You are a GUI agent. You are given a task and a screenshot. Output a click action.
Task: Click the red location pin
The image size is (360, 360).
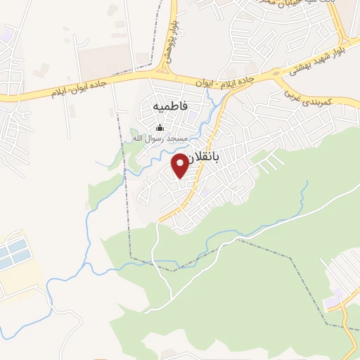click(x=180, y=166)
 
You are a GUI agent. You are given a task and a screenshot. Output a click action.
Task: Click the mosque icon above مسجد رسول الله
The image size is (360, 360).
click(x=160, y=128)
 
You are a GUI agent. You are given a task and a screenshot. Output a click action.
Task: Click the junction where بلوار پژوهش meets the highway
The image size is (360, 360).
click(x=167, y=73)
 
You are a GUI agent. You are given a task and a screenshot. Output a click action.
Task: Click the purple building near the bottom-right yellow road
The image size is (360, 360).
click(x=335, y=298)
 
